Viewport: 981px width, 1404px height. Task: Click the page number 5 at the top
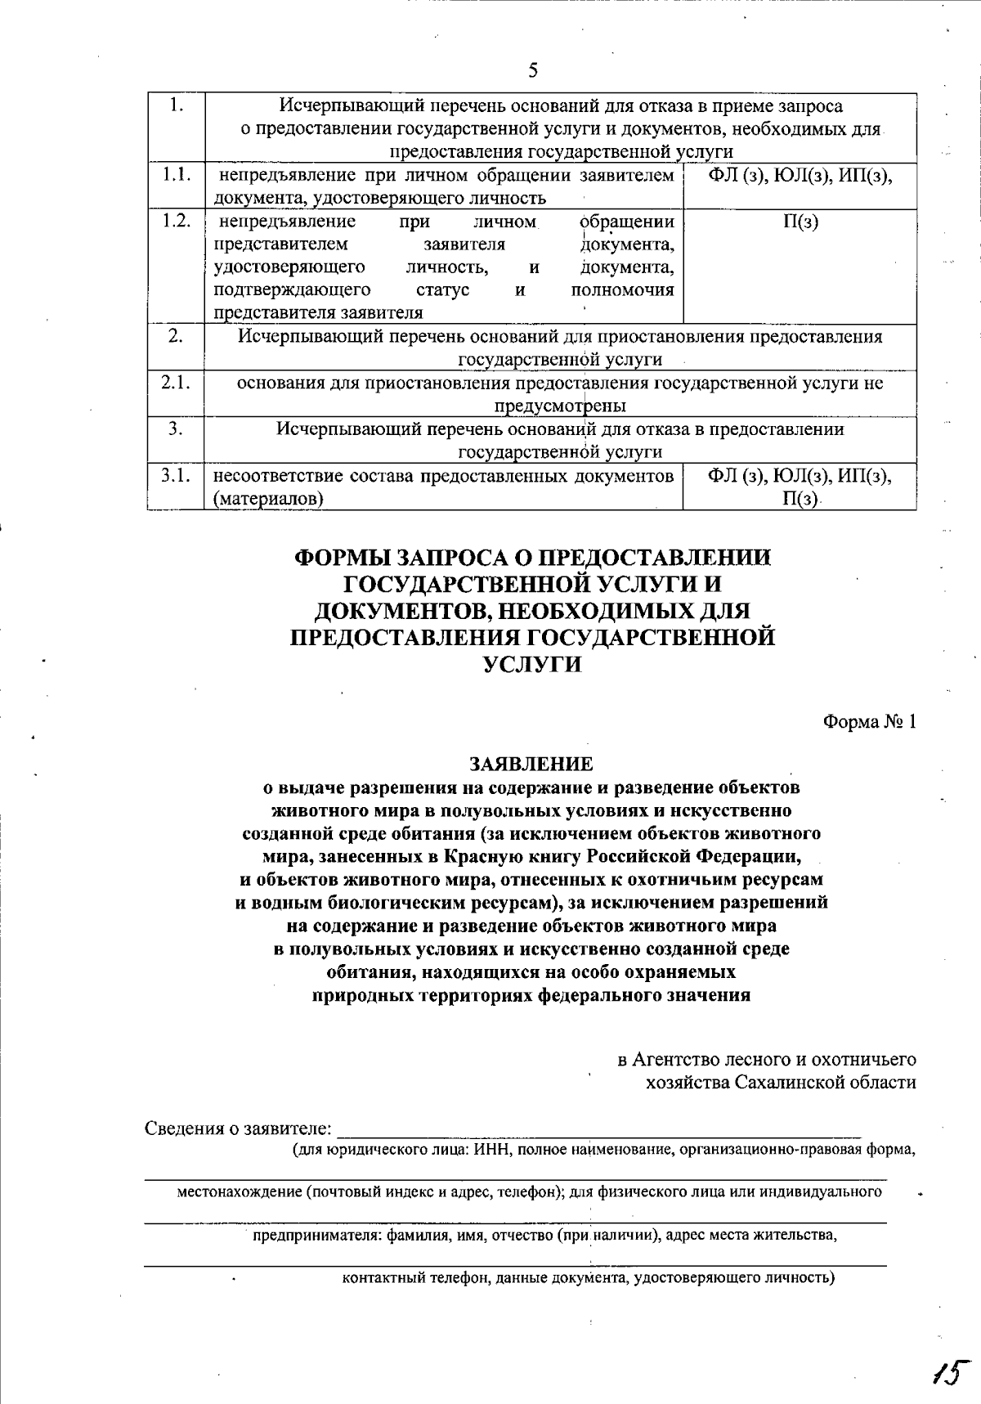(x=532, y=70)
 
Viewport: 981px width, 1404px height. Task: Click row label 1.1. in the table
(x=176, y=175)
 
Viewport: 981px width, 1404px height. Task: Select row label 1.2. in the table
(x=176, y=222)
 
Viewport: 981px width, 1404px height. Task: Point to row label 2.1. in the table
(x=176, y=383)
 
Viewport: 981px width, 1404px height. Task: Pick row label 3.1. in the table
(x=176, y=475)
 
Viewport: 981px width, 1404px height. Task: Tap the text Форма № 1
(x=869, y=723)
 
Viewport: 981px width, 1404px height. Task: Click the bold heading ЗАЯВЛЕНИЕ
(x=531, y=765)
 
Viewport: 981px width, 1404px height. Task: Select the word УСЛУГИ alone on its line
(x=532, y=664)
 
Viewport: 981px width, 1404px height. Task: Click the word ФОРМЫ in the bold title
(x=341, y=558)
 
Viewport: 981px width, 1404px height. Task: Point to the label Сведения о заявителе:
(x=239, y=1129)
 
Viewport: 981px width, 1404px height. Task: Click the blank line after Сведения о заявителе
(x=598, y=1132)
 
